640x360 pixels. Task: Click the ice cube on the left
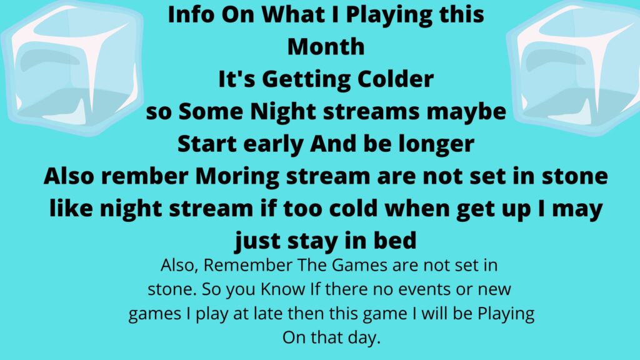72,67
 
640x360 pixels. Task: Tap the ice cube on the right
574,67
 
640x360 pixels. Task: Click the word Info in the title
191,14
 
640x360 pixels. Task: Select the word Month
326,46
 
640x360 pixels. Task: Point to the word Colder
396,79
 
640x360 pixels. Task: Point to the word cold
353,209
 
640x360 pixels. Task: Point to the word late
268,314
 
